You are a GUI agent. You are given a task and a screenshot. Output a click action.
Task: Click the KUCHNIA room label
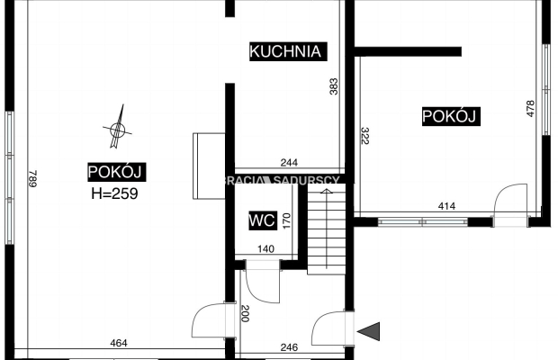288,51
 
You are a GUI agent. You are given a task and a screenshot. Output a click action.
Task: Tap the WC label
262,220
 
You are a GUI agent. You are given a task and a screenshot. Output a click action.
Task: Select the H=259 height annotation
114,193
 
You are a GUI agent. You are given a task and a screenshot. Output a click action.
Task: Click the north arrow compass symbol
117,127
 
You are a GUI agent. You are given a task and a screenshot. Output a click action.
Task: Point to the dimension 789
32,178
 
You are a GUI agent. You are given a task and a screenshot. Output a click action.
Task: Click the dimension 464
119,343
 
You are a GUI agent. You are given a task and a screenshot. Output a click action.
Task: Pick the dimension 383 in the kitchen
334,86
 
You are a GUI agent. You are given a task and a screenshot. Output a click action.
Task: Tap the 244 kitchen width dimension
289,163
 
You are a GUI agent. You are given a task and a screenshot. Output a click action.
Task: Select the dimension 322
364,136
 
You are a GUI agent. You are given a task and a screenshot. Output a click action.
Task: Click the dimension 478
530,109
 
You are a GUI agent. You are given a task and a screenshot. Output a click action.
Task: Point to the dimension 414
446,206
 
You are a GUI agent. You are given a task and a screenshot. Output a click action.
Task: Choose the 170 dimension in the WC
286,220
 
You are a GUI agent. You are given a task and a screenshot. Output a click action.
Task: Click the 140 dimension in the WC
265,249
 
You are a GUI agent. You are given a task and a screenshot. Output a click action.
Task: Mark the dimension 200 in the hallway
245,313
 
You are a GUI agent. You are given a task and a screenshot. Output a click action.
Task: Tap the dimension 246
289,347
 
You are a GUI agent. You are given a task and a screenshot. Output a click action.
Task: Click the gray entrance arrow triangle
369,331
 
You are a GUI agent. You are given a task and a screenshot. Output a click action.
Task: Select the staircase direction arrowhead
327,192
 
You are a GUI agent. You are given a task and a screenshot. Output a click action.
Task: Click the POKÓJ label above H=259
117,172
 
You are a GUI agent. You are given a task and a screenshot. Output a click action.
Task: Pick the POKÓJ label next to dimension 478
451,116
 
